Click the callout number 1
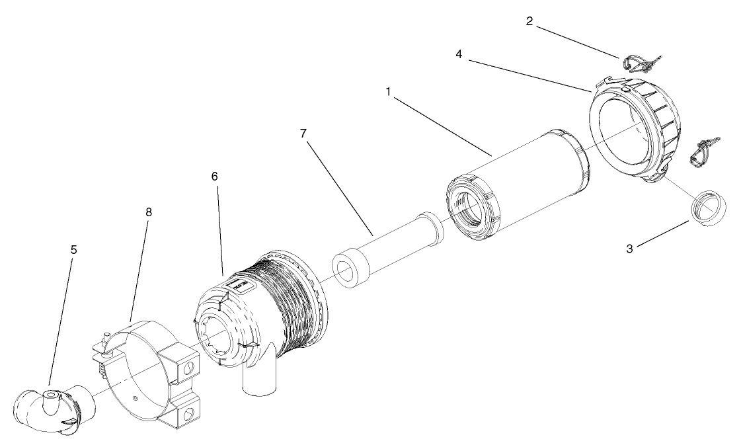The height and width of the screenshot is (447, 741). point(389,91)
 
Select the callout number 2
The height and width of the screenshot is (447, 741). point(529,21)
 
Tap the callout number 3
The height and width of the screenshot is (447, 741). point(630,249)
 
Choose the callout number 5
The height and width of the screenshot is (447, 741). point(73,251)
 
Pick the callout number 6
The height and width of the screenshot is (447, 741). point(215,177)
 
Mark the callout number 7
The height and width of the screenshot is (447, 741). point(303,133)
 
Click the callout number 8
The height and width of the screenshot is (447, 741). point(148,214)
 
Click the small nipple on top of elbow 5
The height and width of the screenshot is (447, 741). point(49,395)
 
